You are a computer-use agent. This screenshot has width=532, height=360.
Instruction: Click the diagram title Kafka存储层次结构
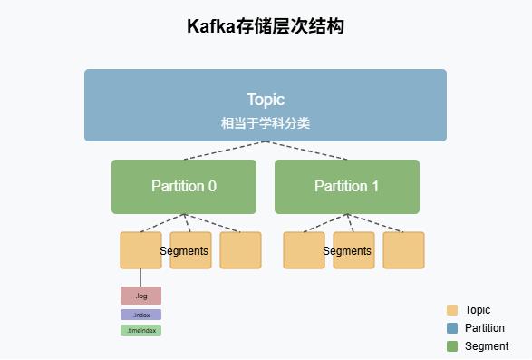(x=266, y=27)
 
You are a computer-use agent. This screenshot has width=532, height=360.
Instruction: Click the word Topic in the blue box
(x=266, y=100)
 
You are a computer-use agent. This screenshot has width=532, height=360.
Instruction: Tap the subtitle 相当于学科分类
(x=266, y=122)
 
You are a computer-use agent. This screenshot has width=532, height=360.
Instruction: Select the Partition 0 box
(x=184, y=187)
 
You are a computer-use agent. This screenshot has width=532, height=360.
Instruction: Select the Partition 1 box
(x=347, y=187)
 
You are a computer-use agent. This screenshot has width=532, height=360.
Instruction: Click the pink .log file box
(x=140, y=296)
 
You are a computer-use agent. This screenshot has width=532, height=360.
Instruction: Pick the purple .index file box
(x=140, y=315)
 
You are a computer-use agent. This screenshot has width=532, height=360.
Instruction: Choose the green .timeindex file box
(x=140, y=330)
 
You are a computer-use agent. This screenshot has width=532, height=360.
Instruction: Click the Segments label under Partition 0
(x=184, y=251)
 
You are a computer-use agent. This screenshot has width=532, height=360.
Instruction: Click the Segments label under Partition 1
(x=347, y=251)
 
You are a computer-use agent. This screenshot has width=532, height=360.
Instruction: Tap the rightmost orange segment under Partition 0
(x=240, y=250)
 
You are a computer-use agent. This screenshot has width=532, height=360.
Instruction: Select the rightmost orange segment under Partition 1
(x=403, y=250)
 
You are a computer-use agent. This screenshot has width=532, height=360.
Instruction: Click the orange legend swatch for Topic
(x=453, y=310)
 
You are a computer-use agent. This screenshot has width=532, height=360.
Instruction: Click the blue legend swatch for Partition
(x=453, y=328)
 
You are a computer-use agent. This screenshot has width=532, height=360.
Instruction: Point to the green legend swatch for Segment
(x=453, y=346)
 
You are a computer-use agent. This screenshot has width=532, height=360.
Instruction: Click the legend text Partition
(x=484, y=328)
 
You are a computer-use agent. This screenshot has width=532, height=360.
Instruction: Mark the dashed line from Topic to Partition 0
(x=224, y=151)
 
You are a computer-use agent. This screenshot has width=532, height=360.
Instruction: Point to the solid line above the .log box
(x=140, y=277)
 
